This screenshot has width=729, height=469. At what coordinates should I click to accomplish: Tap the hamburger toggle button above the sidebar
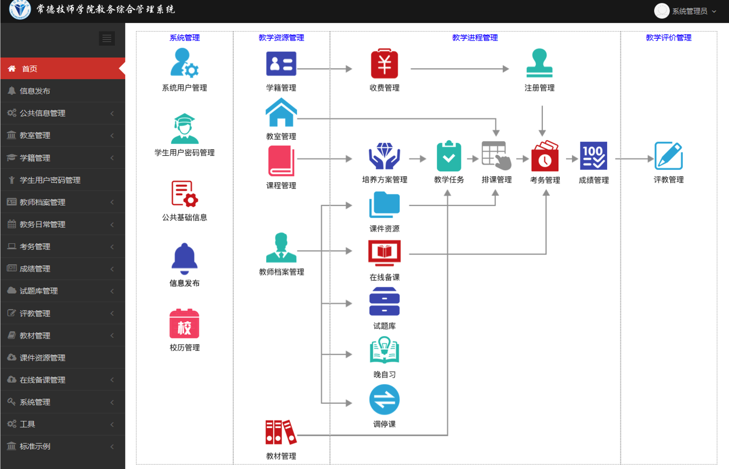[x=107, y=38]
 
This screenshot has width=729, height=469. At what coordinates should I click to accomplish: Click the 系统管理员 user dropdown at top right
[x=686, y=11]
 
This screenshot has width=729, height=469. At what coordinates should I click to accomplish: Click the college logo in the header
[x=20, y=10]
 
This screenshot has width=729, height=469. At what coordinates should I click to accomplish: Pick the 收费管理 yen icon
[x=384, y=64]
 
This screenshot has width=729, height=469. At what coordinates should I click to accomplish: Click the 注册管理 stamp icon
[x=539, y=63]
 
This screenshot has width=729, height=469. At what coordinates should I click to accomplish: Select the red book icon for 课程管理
[x=281, y=161]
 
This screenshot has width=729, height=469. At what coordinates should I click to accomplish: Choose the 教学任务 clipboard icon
[x=449, y=156]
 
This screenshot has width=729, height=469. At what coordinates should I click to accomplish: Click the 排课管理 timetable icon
[x=496, y=156]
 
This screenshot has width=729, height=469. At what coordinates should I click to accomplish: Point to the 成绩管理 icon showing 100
[x=594, y=156]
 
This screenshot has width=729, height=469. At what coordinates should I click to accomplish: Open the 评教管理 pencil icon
[x=669, y=156]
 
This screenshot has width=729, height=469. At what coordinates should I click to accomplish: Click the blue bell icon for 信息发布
[x=184, y=259]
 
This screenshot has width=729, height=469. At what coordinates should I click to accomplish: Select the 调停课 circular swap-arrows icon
[x=384, y=400]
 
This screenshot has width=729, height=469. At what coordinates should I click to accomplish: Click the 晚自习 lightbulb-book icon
[x=384, y=350]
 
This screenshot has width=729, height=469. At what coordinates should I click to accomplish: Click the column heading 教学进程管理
[x=475, y=37]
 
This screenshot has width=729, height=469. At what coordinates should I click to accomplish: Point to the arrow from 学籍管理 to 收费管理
[x=325, y=69]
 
